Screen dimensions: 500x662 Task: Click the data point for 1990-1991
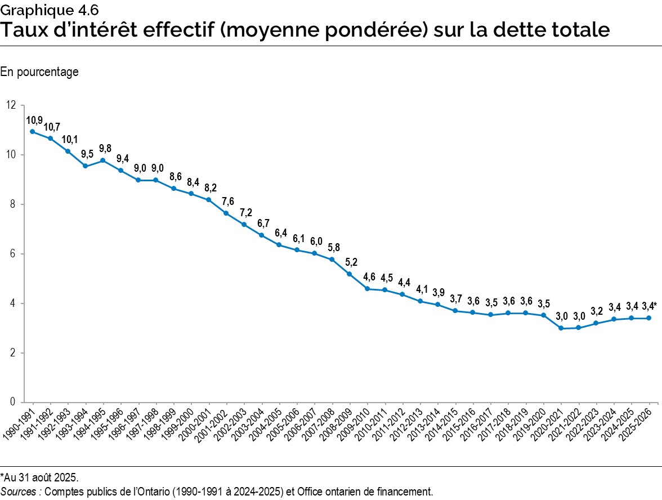tap(33, 132)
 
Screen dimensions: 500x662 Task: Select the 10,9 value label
tap(34, 120)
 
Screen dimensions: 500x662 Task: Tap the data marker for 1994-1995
tap(103, 160)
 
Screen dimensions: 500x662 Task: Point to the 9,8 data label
tap(105, 149)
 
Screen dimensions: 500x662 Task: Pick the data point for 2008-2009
tap(350, 274)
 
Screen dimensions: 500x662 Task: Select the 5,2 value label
tap(351, 262)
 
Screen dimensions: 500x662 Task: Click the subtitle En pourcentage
tap(39, 72)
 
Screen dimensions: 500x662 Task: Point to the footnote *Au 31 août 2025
tap(39, 478)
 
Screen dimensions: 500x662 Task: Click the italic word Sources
tap(20, 492)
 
